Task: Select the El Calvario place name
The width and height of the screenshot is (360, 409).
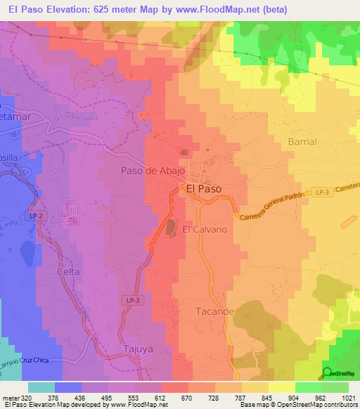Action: tap(204, 229)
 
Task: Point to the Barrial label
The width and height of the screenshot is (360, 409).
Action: tap(303, 141)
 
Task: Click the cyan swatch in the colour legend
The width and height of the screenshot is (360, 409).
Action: tap(41, 387)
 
